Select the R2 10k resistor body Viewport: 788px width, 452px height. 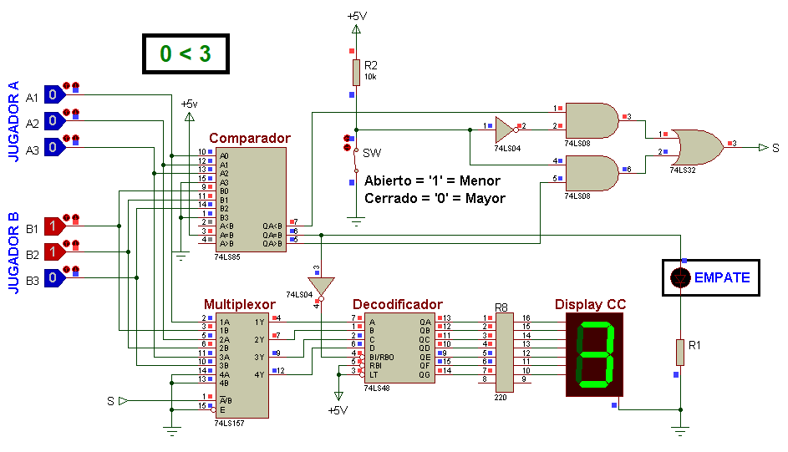pos(356,73)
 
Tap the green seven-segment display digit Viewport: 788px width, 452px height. pos(596,354)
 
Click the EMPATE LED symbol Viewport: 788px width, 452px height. pos(680,277)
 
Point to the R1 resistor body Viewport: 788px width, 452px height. pos(680,353)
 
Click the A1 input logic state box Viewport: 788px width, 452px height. pos(55,94)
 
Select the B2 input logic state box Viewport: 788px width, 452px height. pos(55,251)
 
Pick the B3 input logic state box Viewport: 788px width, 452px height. pos(55,277)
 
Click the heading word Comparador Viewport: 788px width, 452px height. pos(250,138)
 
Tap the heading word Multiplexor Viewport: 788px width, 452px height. pos(240,304)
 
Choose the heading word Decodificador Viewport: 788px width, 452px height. pos(398,304)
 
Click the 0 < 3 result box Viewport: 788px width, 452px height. pos(186,53)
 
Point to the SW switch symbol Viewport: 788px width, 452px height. pos(355,160)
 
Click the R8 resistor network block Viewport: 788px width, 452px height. pos(505,353)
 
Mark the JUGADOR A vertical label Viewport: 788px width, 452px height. pos(13,121)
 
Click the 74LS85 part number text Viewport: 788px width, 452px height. pos(227,257)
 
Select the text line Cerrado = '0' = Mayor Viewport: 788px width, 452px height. pos(435,198)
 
